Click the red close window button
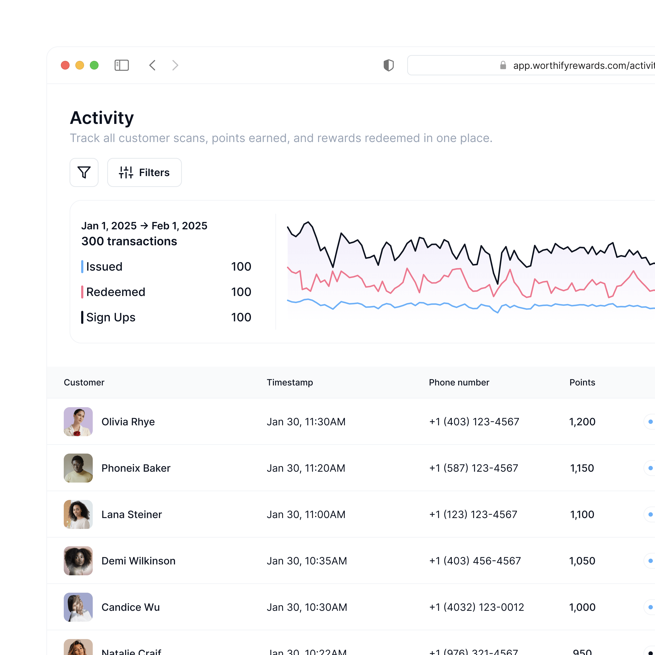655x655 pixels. pos(65,65)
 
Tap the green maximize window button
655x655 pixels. pos(94,65)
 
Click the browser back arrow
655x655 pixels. pos(153,65)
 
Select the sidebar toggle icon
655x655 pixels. pos(122,65)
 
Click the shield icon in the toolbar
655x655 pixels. pos(389,65)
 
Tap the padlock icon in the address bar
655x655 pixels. pos(503,65)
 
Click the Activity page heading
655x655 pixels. pos(102,118)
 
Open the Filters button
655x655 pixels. pos(144,172)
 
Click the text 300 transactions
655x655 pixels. pos(129,241)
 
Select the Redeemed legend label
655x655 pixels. pos(116,292)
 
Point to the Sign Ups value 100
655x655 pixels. pos(241,317)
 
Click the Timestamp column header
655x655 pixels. pos(290,382)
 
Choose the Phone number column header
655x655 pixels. pos(459,382)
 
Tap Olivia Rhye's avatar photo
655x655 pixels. pos(78,422)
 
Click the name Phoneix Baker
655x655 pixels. pos(136,468)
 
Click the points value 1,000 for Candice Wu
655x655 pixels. pos(582,607)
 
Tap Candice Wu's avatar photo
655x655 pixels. pos(78,607)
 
